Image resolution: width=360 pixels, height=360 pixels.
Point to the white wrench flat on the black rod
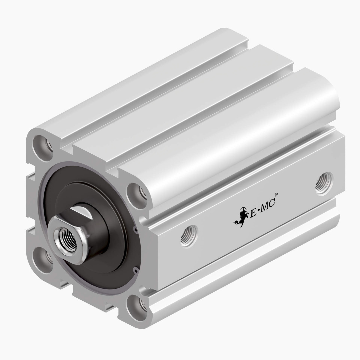81,211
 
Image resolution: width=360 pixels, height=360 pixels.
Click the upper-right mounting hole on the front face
137,194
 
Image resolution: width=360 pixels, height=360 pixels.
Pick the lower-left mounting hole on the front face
43,259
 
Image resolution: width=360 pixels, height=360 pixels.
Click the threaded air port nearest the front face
189,236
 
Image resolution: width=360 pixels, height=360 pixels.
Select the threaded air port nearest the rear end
324,183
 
